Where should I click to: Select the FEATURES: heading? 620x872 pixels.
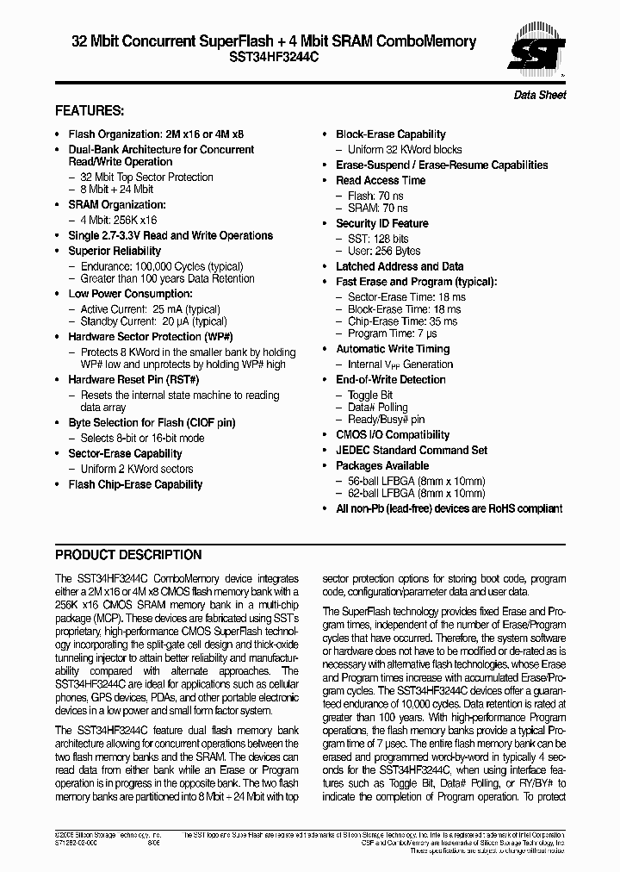(x=90, y=111)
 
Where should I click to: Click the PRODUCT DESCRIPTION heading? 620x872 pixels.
(x=128, y=555)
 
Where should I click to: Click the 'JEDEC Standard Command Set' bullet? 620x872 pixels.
(x=411, y=450)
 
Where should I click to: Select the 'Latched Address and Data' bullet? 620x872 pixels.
(x=399, y=266)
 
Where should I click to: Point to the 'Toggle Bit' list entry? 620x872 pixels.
(x=370, y=395)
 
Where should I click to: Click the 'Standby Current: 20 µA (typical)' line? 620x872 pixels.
(x=153, y=321)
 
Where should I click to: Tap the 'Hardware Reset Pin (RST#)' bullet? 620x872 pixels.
(x=133, y=379)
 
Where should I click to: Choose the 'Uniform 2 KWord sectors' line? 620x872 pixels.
(x=136, y=469)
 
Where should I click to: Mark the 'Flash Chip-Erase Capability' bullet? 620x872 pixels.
(x=135, y=484)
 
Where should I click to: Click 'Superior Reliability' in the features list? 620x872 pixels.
(x=115, y=251)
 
